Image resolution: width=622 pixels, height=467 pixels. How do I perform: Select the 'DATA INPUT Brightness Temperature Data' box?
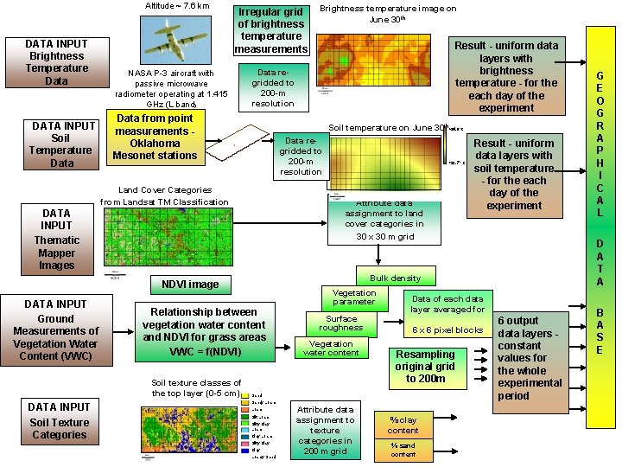pyautogui.click(x=56, y=62)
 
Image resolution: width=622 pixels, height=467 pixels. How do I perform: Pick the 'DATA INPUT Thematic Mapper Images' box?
pyautogui.click(x=56, y=239)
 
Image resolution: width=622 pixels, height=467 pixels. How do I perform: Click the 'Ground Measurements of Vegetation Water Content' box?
pyautogui.click(x=56, y=329)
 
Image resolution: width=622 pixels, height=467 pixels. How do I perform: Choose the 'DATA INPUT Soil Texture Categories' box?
pyautogui.click(x=59, y=421)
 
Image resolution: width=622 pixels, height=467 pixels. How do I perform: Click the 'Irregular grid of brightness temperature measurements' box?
pyautogui.click(x=271, y=31)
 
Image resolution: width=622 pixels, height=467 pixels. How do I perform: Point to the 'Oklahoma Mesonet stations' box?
pyautogui.click(x=155, y=137)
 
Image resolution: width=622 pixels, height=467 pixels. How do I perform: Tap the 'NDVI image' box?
pyautogui.click(x=190, y=284)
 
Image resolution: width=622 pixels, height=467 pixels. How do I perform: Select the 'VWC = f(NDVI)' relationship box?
pyautogui.click(x=204, y=331)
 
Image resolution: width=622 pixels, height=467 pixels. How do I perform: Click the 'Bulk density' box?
pyautogui.click(x=395, y=278)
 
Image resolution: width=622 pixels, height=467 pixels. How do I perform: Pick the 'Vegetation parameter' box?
pyautogui.click(x=354, y=297)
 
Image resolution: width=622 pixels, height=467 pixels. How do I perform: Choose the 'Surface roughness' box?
pyautogui.click(x=340, y=323)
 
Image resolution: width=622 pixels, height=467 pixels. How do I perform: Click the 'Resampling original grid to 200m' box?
pyautogui.click(x=425, y=366)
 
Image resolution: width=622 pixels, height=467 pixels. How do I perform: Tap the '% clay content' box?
pyautogui.click(x=403, y=425)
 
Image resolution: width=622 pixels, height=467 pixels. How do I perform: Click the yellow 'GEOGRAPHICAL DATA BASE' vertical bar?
pyautogui.click(x=600, y=227)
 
